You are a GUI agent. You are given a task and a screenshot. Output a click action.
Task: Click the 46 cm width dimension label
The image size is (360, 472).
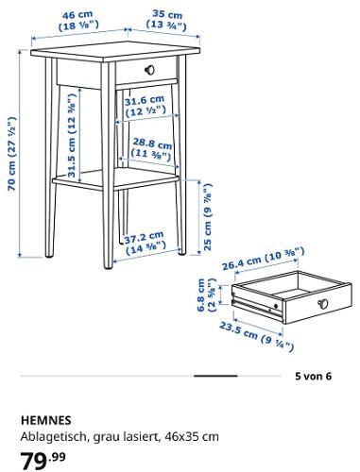[x=78, y=21]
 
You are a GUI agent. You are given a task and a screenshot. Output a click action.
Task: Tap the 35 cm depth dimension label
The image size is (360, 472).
[x=166, y=21]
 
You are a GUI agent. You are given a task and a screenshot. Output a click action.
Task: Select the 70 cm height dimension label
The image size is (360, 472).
[x=11, y=154]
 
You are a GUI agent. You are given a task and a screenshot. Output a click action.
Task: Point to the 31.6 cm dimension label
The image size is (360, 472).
[x=145, y=106]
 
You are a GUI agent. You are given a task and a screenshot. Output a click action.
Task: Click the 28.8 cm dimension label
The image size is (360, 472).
[x=152, y=149]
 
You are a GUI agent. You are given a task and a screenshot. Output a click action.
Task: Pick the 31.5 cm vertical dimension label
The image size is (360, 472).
[x=72, y=136]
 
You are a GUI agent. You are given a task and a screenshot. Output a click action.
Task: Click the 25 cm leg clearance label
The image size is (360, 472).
[x=208, y=217]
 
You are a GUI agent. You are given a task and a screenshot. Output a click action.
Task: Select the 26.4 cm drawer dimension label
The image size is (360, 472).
[x=264, y=259]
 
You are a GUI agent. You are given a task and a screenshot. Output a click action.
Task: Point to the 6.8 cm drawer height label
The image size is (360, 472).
[x=206, y=295]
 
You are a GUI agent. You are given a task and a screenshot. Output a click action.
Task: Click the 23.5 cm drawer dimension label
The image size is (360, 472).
[x=256, y=336]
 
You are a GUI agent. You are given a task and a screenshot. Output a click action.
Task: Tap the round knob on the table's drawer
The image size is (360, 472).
[x=149, y=70]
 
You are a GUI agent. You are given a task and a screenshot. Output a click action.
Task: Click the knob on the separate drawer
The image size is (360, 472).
[x=322, y=304]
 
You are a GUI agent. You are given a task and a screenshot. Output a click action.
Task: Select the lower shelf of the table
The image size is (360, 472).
[x=116, y=178]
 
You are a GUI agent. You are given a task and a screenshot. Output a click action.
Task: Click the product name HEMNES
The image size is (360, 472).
[x=46, y=420]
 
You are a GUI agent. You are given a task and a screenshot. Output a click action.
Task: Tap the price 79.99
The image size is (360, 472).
[x=43, y=461]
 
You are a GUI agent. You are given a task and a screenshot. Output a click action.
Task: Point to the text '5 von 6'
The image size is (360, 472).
[x=313, y=376]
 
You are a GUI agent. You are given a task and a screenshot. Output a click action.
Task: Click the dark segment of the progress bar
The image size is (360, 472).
[x=215, y=376]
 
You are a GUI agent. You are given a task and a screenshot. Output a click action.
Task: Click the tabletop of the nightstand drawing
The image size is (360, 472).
[x=115, y=51]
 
